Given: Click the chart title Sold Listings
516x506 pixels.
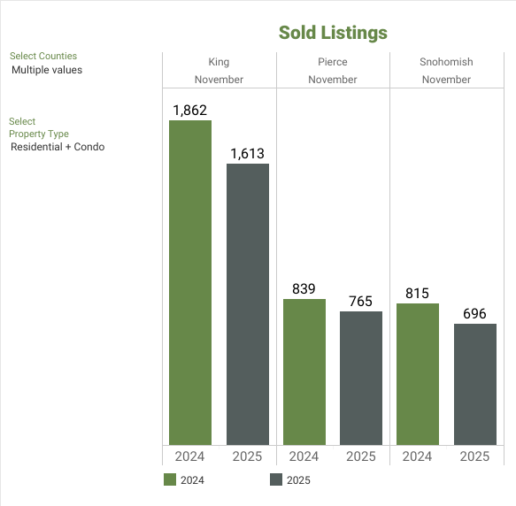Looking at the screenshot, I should (333, 33).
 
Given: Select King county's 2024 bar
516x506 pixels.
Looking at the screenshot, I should (190, 283).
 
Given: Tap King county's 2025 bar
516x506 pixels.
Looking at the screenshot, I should (248, 304).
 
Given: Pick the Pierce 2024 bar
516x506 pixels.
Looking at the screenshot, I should (304, 372).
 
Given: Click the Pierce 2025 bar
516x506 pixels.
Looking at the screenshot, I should (361, 378).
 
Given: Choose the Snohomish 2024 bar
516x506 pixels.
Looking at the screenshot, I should (418, 373).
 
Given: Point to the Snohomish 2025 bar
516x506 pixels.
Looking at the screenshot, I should (475, 384).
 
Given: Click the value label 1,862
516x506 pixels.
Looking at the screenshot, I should (190, 110).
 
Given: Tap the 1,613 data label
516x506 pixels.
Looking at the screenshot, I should (248, 153).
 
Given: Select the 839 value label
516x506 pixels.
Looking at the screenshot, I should (304, 288).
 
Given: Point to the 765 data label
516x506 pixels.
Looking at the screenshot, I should (361, 301).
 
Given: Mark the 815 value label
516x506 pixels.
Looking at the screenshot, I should (418, 293).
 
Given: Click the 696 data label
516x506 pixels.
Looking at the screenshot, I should (475, 313).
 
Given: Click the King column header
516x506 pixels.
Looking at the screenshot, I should (219, 62).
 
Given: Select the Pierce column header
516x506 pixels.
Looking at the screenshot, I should (333, 62).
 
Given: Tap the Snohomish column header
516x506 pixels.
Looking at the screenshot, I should (447, 62).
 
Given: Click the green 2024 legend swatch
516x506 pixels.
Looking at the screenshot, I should (171, 480).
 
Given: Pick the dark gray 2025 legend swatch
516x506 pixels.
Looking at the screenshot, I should (276, 480).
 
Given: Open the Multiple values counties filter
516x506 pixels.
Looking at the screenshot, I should (47, 70).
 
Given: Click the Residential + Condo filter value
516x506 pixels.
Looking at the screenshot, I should (58, 147).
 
